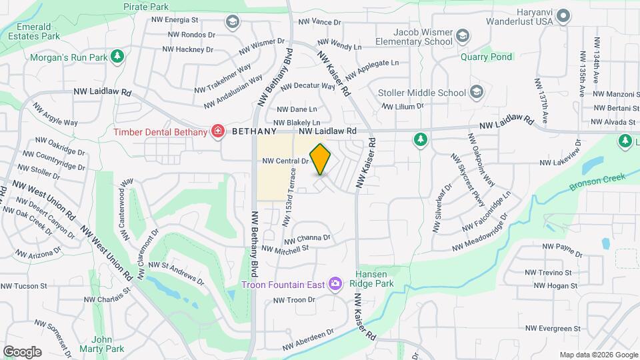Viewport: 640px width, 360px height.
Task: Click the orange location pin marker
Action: pyautogui.click(x=321, y=159)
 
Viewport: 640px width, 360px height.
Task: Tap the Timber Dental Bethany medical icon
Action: pyautogui.click(x=217, y=131)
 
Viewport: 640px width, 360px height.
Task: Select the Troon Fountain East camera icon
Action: pyautogui.click(x=335, y=285)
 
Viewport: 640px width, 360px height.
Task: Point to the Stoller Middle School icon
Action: pyautogui.click(x=477, y=92)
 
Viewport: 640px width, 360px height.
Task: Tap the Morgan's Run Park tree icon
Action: pyautogui.click(x=117, y=57)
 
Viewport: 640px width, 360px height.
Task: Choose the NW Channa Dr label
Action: pyautogui.click(x=307, y=239)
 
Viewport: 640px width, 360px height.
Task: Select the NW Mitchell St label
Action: pyautogui.click(x=285, y=249)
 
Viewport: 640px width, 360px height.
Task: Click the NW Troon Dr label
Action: pyautogui.click(x=293, y=300)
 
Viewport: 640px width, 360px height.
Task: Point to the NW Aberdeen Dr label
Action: pyautogui.click(x=307, y=341)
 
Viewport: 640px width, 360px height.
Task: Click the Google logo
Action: pyautogui.click(x=22, y=351)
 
